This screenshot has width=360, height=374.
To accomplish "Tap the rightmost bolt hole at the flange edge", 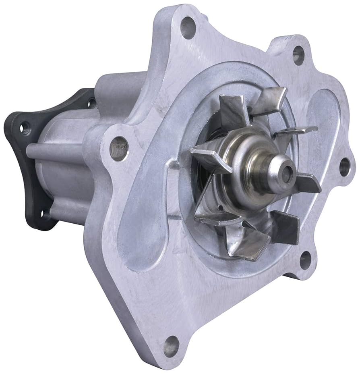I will pos(344,166).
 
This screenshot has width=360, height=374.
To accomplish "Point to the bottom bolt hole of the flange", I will pos(171,346).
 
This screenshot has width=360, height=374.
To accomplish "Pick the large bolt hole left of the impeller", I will pos(119,148).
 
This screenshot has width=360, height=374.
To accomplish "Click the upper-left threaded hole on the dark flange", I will pos(25,128).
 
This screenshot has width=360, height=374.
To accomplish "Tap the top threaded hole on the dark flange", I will pos(91,103).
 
